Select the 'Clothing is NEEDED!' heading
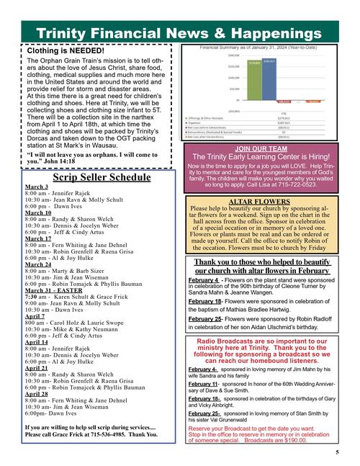[66, 51]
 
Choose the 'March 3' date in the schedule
[36, 187]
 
